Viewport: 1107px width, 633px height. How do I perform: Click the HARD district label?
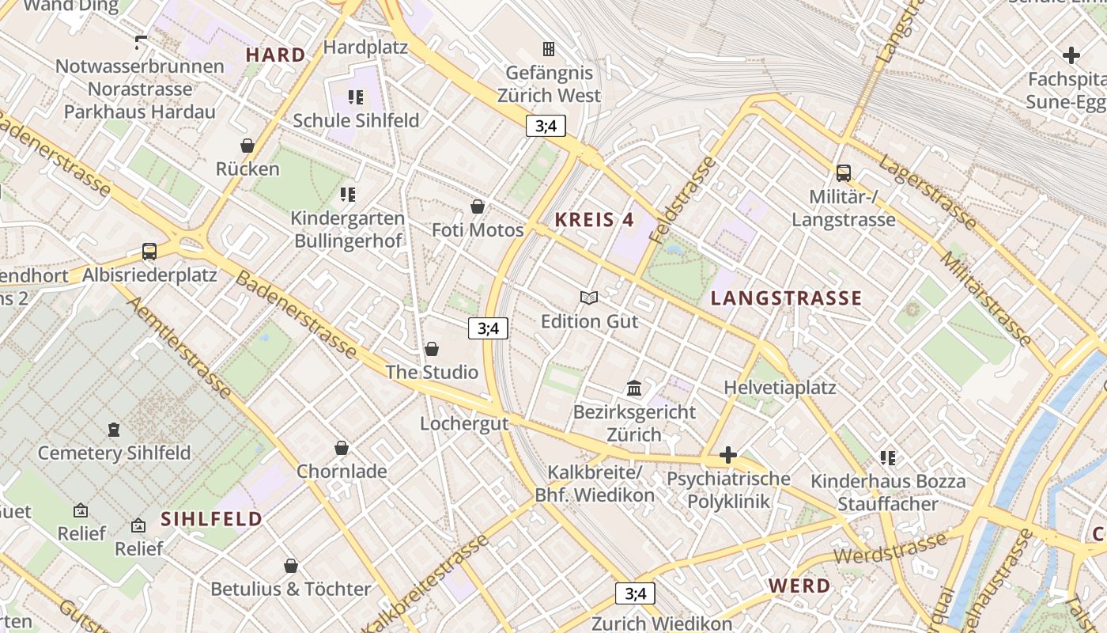[275, 55]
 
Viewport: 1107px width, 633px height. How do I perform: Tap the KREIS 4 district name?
[595, 220]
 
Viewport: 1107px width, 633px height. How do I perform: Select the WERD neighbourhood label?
[799, 586]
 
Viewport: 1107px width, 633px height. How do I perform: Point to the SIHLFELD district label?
[211, 519]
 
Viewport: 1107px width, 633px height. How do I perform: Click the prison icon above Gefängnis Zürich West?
[548, 49]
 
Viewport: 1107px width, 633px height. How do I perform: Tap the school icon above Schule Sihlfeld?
[356, 97]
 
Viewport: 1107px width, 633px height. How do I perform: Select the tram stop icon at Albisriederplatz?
[149, 252]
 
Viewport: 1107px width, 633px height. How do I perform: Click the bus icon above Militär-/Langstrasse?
[844, 172]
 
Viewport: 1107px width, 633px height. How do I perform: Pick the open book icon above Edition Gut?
[589, 298]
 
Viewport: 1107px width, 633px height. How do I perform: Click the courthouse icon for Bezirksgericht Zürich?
[634, 388]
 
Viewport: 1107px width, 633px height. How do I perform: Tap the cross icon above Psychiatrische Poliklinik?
[728, 455]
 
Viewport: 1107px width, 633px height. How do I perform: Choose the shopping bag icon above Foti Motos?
[478, 207]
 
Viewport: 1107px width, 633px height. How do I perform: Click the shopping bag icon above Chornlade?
[342, 448]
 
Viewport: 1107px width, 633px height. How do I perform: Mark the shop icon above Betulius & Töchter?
[291, 566]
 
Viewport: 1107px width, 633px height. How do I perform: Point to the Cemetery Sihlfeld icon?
[115, 430]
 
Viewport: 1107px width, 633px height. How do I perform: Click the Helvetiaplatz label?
[780, 388]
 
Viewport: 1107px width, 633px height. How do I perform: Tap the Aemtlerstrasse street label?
[179, 347]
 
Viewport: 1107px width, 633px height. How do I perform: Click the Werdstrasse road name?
[890, 549]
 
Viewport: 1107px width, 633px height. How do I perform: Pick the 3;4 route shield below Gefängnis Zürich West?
[546, 125]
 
